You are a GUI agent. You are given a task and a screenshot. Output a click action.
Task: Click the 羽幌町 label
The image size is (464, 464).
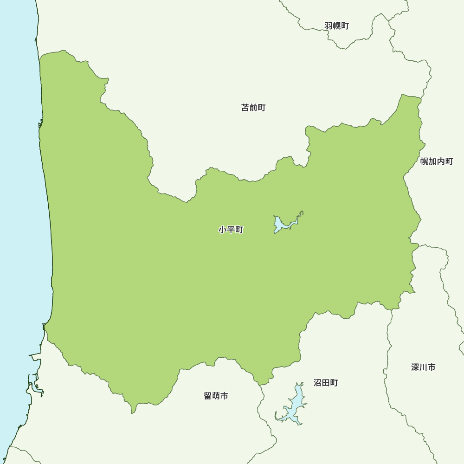tap(336, 26)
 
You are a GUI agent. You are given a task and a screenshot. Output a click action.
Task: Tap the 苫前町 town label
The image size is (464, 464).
tap(253, 108)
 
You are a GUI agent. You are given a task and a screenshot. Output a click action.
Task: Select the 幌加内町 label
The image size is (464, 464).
tap(437, 161)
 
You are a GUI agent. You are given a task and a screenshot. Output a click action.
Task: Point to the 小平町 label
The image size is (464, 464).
tap(231, 230)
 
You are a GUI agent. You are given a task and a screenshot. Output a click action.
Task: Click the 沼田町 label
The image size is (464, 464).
tap(326, 383)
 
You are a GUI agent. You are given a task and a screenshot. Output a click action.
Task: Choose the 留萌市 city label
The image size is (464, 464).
tap(216, 396)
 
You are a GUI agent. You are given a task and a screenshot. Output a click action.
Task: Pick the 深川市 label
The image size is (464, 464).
tap(423, 367)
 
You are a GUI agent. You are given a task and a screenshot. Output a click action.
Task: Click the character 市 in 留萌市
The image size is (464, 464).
tap(224, 396)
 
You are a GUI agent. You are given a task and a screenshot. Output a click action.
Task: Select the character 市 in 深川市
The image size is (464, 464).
tap(432, 367)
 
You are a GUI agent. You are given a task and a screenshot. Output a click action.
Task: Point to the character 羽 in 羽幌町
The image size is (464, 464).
tap(329, 26)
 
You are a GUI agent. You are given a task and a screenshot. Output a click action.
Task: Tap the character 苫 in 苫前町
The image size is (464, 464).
tap(245, 108)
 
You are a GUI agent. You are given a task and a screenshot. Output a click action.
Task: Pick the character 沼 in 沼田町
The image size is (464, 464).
tap(318, 383)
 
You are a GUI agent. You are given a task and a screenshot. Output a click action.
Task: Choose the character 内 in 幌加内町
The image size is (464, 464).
tap(441, 161)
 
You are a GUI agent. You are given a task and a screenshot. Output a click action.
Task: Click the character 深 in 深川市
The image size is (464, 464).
tap(415, 367)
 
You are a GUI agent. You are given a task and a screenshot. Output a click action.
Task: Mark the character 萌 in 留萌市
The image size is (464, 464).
tap(216, 396)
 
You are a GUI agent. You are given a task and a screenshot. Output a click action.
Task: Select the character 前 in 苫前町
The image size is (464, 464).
tap(253, 108)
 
